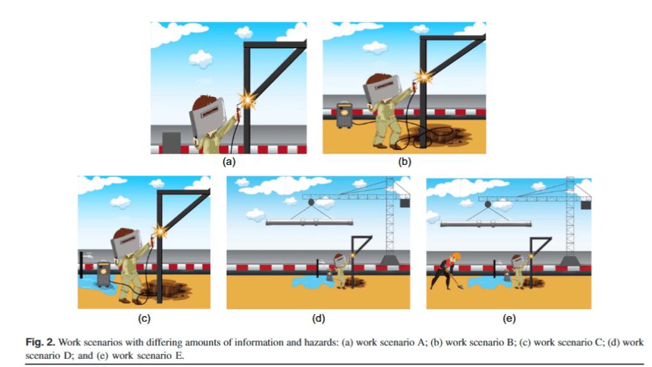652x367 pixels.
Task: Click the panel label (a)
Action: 229,162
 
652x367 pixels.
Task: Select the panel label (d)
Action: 318,319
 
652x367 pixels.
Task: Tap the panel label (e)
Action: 509,319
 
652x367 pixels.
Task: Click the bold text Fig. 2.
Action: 40,342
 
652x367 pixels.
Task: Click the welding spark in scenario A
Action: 248,100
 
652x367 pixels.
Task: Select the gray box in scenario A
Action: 171,143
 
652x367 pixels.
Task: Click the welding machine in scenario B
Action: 344,115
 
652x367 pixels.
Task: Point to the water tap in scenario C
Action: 88,256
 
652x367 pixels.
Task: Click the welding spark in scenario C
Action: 160,231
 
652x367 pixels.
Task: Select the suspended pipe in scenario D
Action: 309,222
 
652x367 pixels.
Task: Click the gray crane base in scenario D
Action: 390,260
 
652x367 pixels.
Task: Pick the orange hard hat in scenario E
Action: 456,255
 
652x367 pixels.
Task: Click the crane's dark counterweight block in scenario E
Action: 586,205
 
